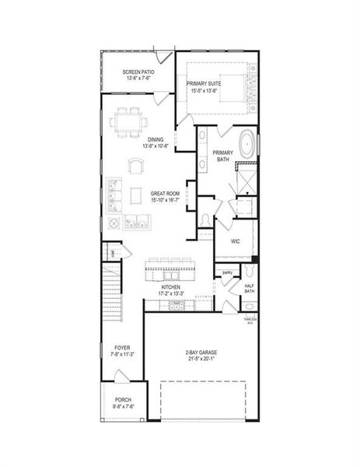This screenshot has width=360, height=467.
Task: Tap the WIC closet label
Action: pyautogui.click(x=236, y=241)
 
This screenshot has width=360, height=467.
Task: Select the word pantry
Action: pyautogui.click(x=228, y=272)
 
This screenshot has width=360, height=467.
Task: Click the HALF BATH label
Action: pyautogui.click(x=250, y=289)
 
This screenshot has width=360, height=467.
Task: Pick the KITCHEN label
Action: pyautogui.click(x=171, y=286)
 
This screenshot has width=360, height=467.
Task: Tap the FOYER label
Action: pyautogui.click(x=122, y=347)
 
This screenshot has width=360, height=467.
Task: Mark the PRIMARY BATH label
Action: pyautogui.click(x=222, y=156)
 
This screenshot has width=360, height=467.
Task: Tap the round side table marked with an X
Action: pyautogui.click(x=113, y=223)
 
